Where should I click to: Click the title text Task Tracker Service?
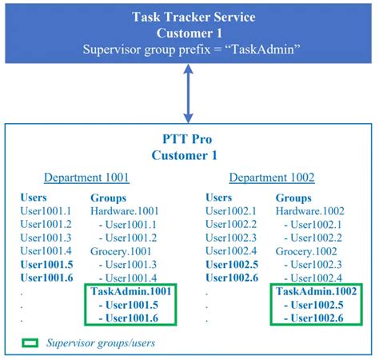[x=189, y=17]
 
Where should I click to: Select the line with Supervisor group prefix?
[x=189, y=49]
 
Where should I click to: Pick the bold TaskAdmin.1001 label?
[x=131, y=291]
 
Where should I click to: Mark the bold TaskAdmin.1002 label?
[x=316, y=291]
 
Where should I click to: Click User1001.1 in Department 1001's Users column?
[x=46, y=210]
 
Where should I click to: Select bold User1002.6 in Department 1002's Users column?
[x=232, y=277]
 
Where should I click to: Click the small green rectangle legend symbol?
[x=30, y=342]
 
